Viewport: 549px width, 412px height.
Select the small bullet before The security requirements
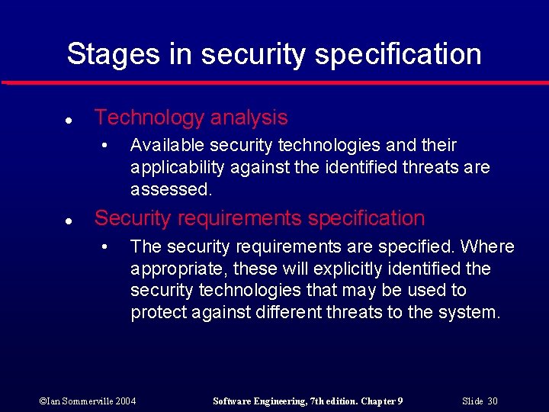pos(112,247)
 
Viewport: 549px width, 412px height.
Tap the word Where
pos(487,246)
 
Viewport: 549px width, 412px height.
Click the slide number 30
pos(492,401)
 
